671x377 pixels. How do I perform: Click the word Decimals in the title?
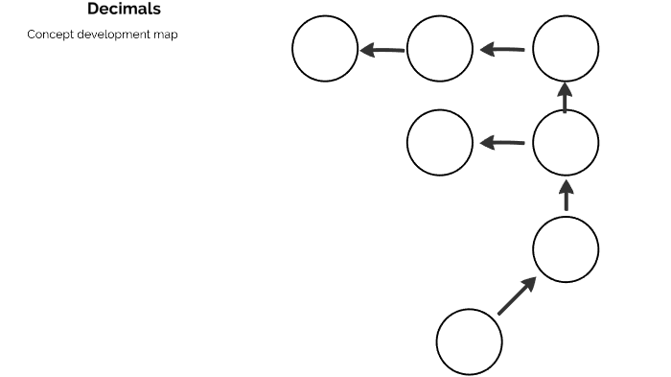click(x=124, y=10)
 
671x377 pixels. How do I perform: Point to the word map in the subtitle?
click(x=166, y=35)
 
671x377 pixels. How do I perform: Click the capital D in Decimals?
click(x=93, y=10)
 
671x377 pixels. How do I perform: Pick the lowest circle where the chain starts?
click(x=470, y=342)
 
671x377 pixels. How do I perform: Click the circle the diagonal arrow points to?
click(x=566, y=249)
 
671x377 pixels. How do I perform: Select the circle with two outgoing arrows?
click(x=566, y=143)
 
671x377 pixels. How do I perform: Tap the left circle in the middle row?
click(x=440, y=143)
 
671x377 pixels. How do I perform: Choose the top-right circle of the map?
click(x=566, y=49)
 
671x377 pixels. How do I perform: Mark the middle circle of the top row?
click(x=440, y=49)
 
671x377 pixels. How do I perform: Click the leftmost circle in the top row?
click(x=325, y=49)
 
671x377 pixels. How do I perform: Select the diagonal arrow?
click(x=518, y=295)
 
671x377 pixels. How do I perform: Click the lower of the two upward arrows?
click(x=566, y=195)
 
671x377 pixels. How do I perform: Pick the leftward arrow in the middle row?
click(x=502, y=143)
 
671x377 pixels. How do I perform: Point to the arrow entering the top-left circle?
click(x=382, y=49)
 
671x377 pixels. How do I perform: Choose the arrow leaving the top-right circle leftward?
click(x=502, y=49)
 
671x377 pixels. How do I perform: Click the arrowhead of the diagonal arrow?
click(x=529, y=284)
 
